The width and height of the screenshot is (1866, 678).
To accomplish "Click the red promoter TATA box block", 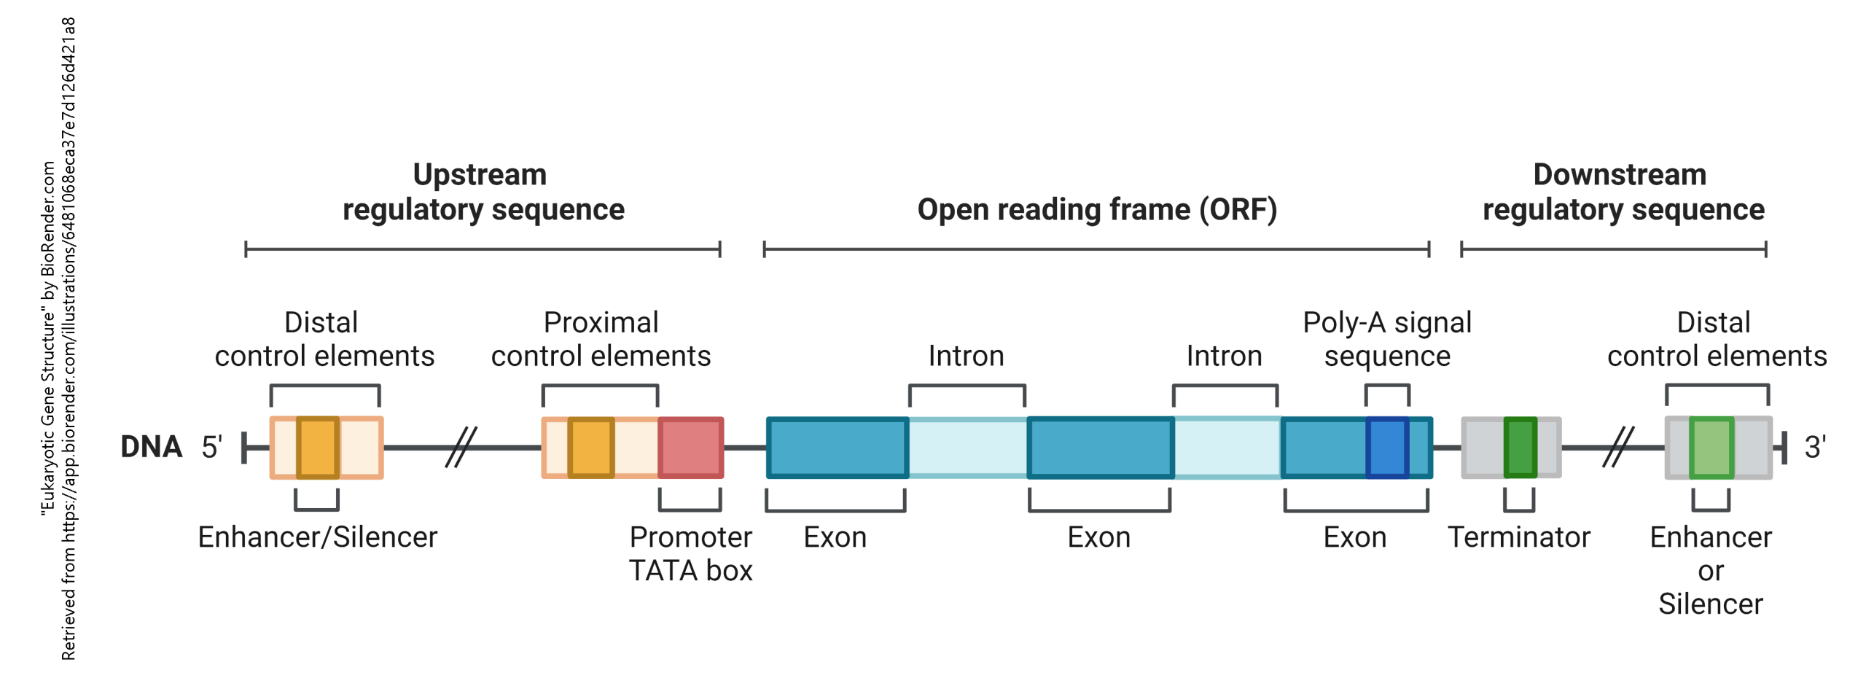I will [x=690, y=447].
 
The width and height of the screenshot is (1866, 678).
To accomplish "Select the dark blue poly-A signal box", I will [x=1386, y=447].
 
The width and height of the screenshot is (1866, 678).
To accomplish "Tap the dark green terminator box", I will [x=1520, y=447].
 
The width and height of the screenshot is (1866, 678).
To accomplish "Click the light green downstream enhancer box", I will [x=1711, y=447].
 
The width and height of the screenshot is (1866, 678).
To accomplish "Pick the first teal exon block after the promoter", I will [x=837, y=447].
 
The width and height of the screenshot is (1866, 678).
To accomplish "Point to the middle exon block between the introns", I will [x=1100, y=447].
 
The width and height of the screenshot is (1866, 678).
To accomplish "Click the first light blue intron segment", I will [x=967, y=447].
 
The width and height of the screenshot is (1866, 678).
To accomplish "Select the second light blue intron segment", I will [x=1227, y=447].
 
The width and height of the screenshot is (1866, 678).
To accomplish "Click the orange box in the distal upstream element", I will [x=318, y=447].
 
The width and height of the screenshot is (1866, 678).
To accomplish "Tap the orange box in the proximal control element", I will [x=590, y=447].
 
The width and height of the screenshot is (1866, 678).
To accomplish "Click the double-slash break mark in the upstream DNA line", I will [x=461, y=447].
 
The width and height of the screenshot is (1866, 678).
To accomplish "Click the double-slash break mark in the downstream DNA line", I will [x=1617, y=447].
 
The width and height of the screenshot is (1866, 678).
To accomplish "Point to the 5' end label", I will [x=211, y=447].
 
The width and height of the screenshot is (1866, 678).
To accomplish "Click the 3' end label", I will [x=1815, y=447].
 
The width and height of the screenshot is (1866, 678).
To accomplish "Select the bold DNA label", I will [x=151, y=447].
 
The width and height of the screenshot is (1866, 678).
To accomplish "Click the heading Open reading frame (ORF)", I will [x=1096, y=210].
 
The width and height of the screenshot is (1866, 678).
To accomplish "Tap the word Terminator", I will [x=1518, y=537].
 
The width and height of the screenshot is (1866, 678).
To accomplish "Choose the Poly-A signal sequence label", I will [x=1386, y=339].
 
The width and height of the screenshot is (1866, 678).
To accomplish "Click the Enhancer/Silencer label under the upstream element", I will [x=317, y=537].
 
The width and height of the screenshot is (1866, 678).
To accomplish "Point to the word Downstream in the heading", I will [x=1619, y=175].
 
